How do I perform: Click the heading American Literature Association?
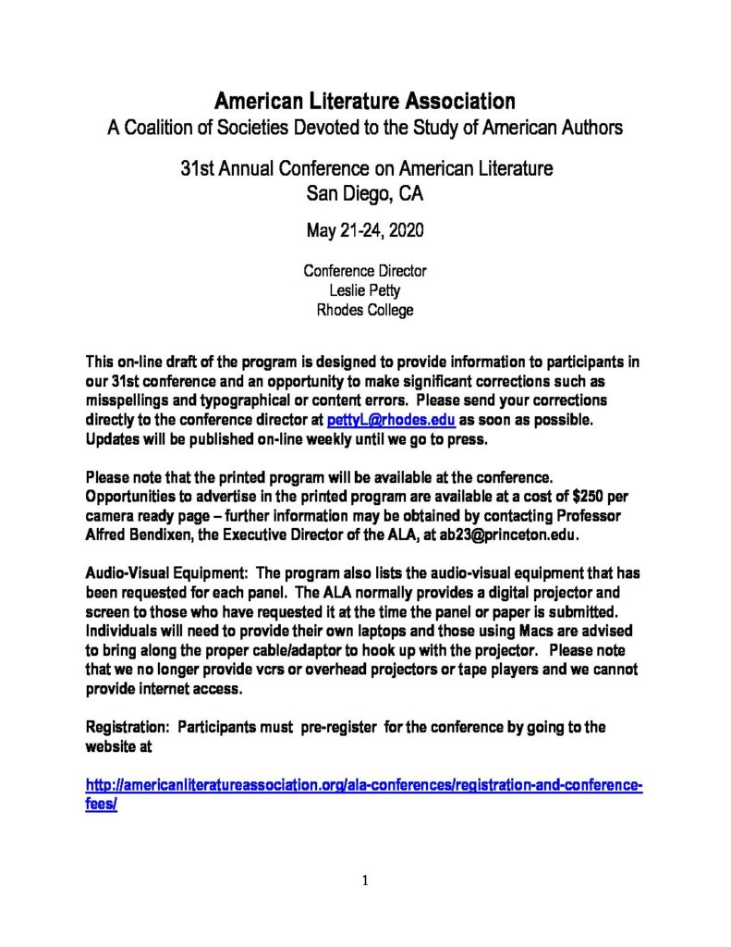[x=365, y=100]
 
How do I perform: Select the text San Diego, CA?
[x=365, y=193]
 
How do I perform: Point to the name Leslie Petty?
[x=365, y=290]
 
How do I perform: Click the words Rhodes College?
[x=365, y=310]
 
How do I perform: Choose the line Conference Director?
[x=365, y=272]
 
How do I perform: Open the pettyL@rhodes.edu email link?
[x=391, y=420]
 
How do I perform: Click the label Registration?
[x=126, y=727]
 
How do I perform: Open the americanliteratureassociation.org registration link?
[x=363, y=786]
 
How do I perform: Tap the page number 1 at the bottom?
[x=365, y=881]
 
